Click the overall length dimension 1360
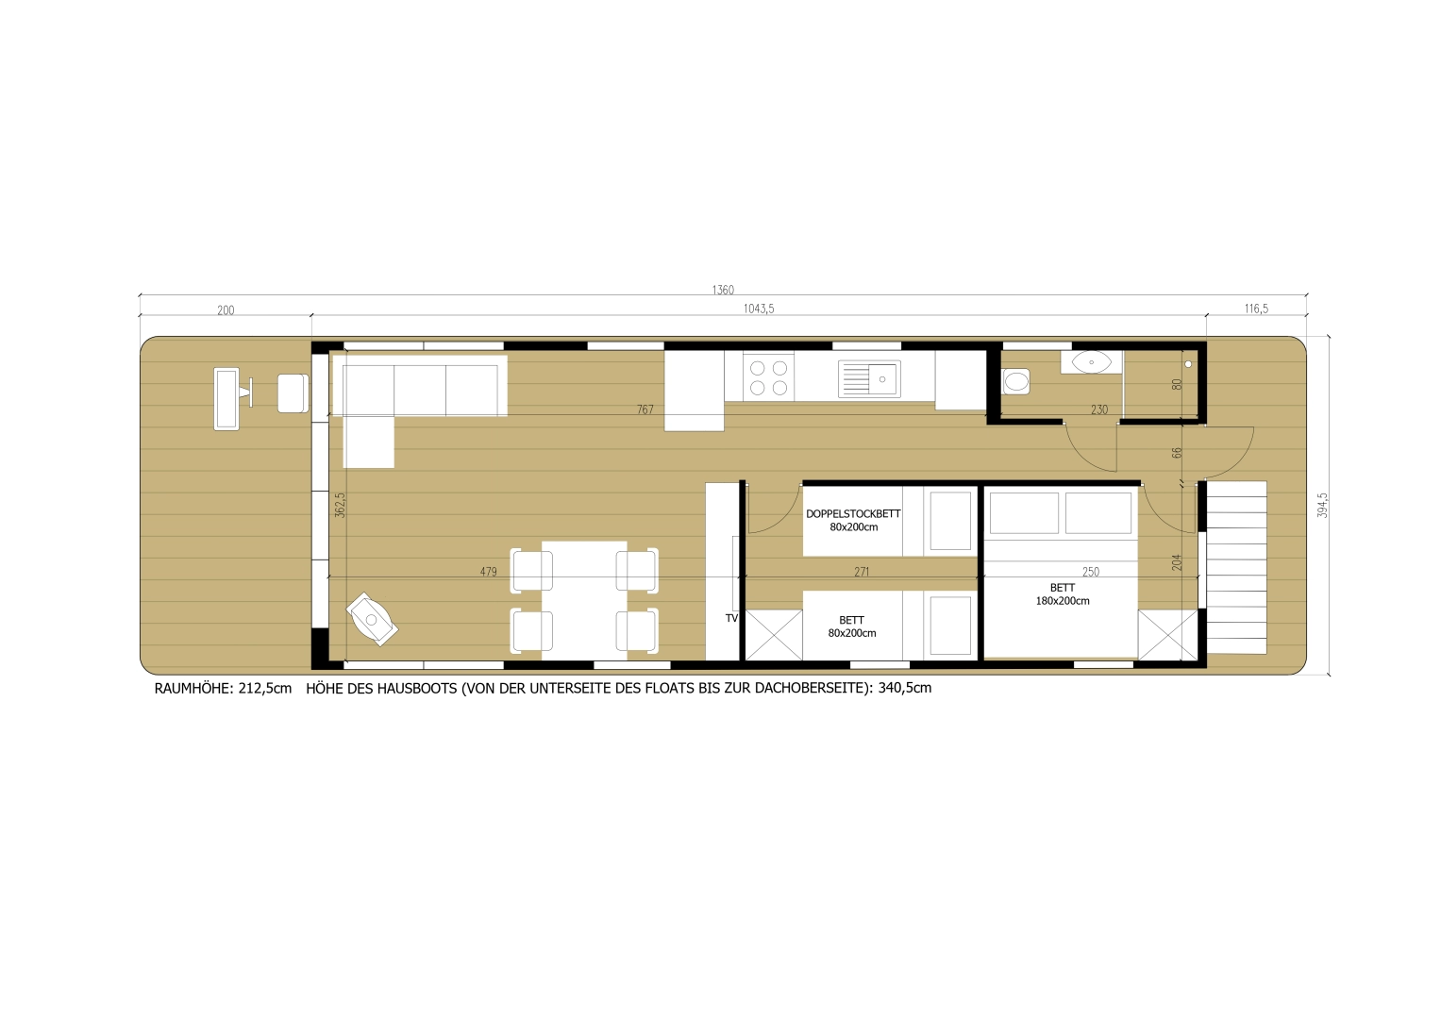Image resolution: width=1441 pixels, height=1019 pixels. tap(723, 290)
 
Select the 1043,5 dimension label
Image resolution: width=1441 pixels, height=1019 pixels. tap(759, 309)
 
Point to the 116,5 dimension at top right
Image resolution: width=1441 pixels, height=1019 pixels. tap(1256, 309)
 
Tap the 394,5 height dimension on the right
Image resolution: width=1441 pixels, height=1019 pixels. tap(1322, 505)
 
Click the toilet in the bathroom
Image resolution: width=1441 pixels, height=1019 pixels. tap(1015, 381)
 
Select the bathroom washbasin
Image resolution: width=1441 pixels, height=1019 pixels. tap(1091, 361)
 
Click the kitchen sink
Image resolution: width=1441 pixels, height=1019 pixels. tap(869, 379)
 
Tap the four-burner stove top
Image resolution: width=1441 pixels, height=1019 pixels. tap(768, 377)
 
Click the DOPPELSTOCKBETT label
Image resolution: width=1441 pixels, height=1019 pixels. tap(853, 514)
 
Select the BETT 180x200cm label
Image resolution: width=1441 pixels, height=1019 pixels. tap(1063, 594)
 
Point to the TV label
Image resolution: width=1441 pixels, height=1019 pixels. tap(731, 618)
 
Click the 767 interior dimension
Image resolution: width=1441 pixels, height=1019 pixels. tap(645, 409)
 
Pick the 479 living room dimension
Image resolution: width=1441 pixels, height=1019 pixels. tap(488, 572)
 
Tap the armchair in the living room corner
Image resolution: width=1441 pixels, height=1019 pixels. tap(372, 619)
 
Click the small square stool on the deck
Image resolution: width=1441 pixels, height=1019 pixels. tap(293, 393)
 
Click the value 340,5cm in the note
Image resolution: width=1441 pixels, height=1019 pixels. tap(904, 688)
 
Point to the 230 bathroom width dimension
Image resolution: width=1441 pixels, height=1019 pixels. tap(1099, 409)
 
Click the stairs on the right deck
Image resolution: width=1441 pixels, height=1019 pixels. tap(1236, 567)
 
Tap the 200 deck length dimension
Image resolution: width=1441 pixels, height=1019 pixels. tap(226, 309)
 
